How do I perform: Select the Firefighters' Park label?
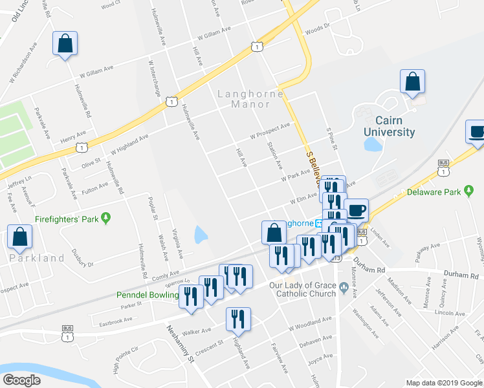[x=67, y=219]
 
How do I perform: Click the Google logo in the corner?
[x=22, y=380]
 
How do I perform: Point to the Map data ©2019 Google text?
[x=443, y=383]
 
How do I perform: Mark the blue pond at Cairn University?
[x=372, y=144]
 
